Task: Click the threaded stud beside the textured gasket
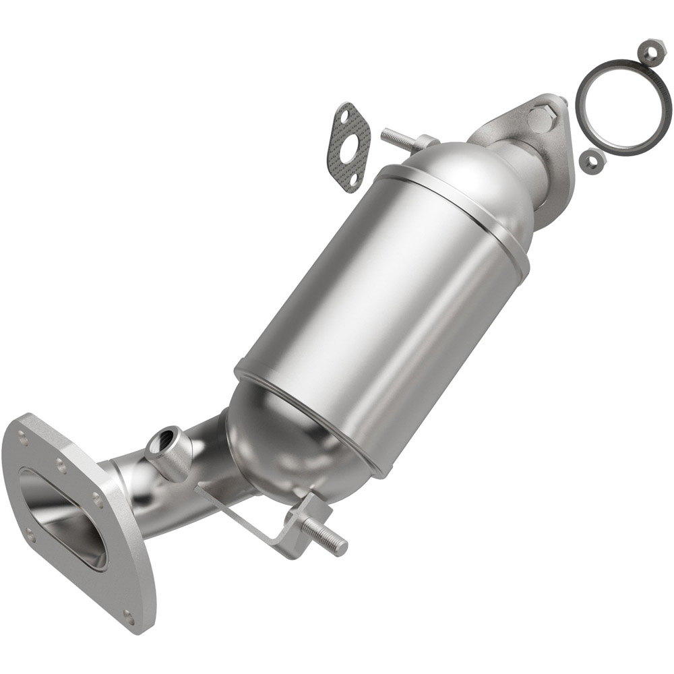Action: [398, 140]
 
